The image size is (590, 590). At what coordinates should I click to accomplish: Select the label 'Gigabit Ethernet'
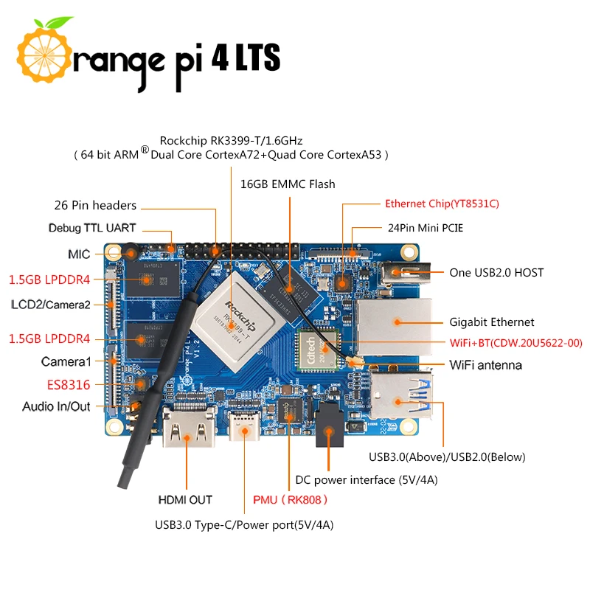492,322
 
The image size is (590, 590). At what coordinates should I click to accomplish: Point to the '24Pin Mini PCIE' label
425,228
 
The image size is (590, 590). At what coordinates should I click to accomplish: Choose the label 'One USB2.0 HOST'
496,273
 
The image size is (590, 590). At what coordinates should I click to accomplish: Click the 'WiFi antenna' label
486,365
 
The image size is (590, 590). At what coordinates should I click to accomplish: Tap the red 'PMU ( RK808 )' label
290,500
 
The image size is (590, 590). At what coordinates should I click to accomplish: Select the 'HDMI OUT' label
185,500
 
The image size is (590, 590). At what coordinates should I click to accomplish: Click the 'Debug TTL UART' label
92,229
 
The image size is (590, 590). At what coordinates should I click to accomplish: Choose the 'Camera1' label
66,362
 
